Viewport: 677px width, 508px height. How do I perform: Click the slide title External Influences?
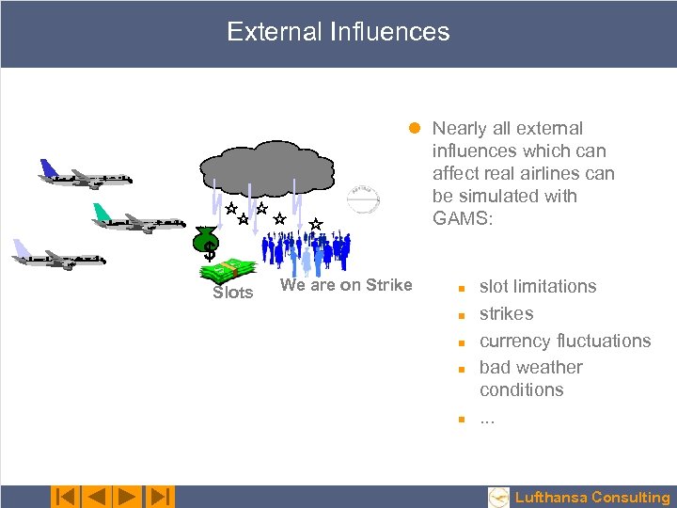338,32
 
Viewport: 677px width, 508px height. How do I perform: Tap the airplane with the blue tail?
85,176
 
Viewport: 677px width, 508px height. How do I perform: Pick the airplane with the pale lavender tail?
58,256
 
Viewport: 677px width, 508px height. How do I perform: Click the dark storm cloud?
267,168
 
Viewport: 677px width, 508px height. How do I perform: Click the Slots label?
232,293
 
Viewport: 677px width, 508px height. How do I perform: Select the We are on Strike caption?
346,285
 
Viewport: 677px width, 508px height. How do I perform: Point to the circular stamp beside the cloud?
363,200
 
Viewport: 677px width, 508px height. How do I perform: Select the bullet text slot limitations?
537,286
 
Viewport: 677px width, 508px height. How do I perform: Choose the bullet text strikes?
506,313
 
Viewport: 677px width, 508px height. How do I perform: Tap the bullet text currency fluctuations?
564,341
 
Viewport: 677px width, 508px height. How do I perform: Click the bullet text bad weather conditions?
530,378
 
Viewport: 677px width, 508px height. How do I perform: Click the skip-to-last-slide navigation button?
162,496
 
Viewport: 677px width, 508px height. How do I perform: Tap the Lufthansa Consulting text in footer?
592,498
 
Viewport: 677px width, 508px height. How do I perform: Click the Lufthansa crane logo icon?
499,497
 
